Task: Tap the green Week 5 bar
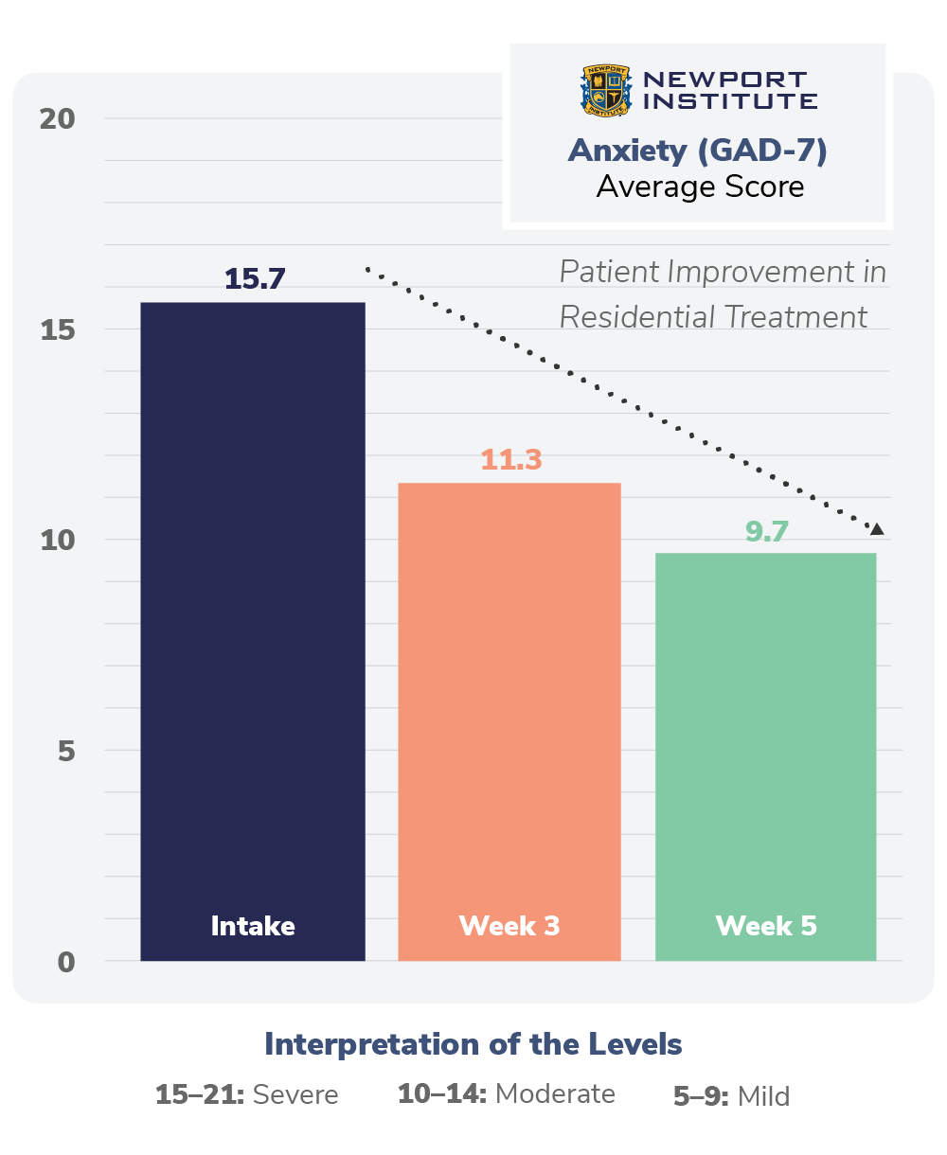coord(765,756)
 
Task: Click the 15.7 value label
coord(255,279)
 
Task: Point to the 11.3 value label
coord(510,460)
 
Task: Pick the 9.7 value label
coord(766,531)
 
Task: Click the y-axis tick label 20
coord(57,119)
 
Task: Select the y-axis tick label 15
coord(57,329)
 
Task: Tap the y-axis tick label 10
coord(57,541)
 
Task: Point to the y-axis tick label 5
coord(65,751)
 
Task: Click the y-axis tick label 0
coord(65,962)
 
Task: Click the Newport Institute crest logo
coord(605,91)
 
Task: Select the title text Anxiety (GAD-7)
coord(698,151)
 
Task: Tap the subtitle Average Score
coord(700,187)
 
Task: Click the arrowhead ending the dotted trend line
coord(877,528)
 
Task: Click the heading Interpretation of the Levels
coord(473,1044)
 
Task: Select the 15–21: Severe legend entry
coord(246,1095)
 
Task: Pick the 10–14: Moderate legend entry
coord(507,1094)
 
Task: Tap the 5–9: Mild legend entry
coord(731,1096)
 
